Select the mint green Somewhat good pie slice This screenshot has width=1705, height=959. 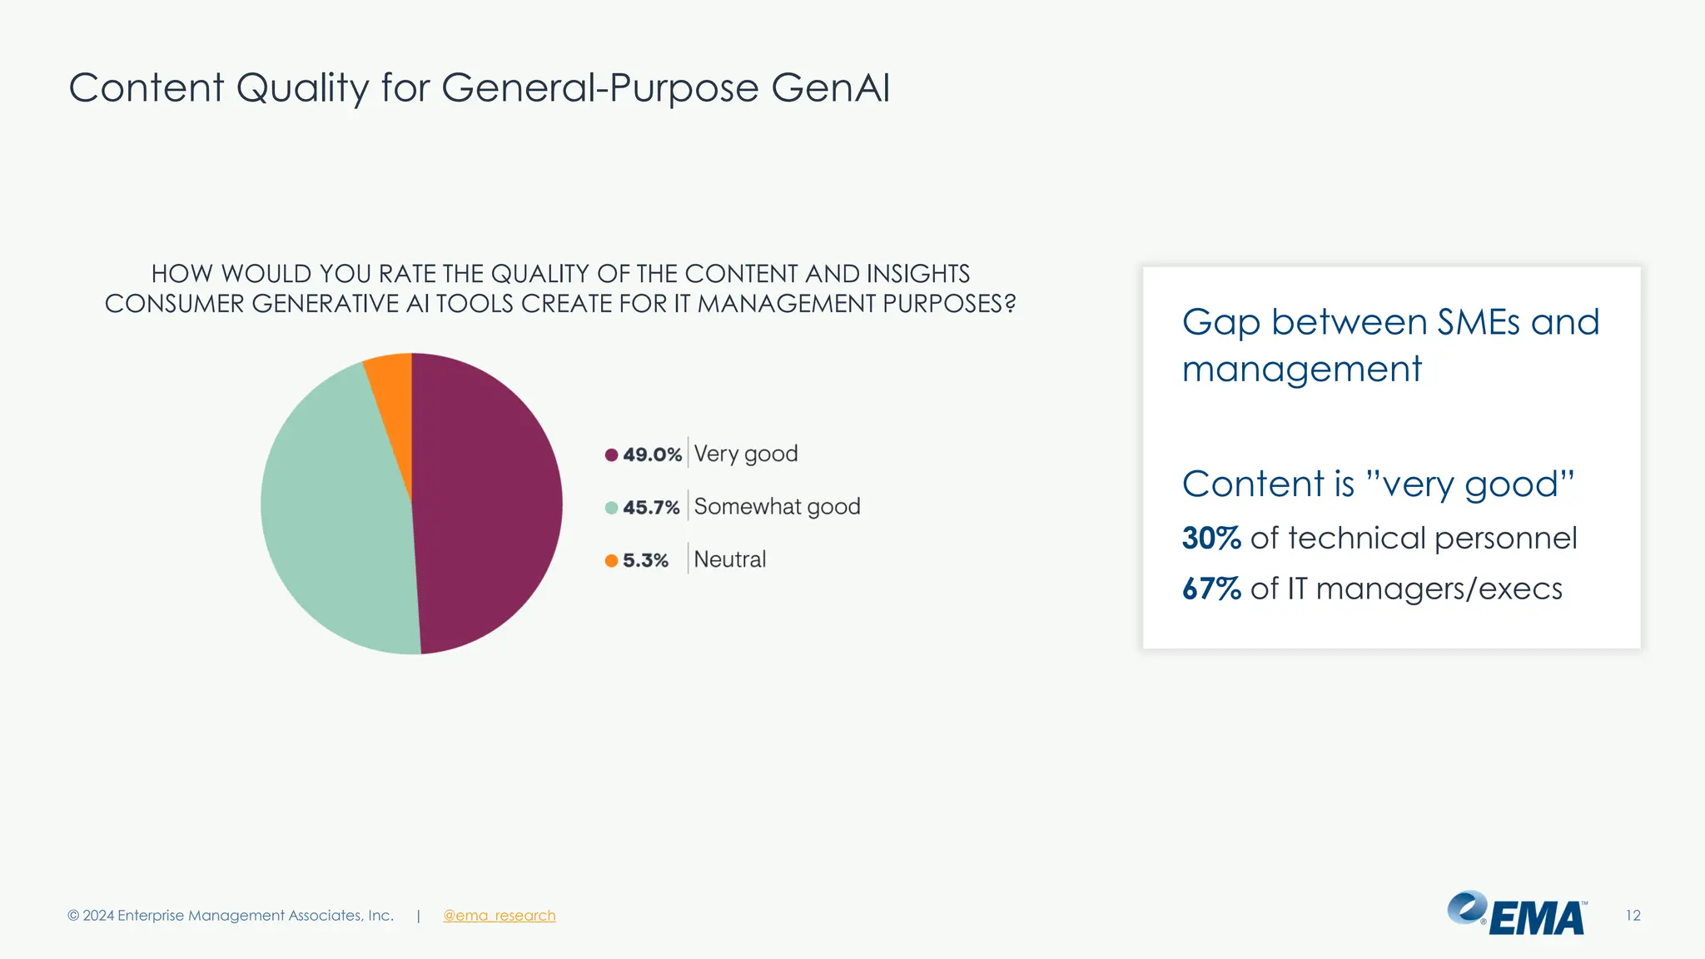pos(337,508)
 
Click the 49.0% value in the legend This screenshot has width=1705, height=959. pos(652,455)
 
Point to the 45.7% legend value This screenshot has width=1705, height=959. pos(651,508)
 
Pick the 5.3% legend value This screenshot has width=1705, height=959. pos(645,560)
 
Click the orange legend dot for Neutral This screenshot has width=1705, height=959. pos(611,560)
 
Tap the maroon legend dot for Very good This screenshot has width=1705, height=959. pos(611,455)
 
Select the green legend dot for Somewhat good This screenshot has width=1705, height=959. pos(611,508)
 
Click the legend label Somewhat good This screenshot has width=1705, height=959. pos(777,507)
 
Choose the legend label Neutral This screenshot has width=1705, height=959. pos(729,559)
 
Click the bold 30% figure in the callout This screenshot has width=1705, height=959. pos(1211,539)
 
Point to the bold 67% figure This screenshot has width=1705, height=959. pos(1211,589)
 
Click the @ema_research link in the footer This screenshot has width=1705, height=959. pos(499,916)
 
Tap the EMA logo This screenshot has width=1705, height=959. pos(1517,914)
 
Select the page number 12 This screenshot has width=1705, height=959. pos(1633,916)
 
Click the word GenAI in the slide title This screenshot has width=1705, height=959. pos(830,88)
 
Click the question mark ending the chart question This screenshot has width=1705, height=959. pos(1010,304)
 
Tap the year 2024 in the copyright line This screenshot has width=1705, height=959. pos(98,916)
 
